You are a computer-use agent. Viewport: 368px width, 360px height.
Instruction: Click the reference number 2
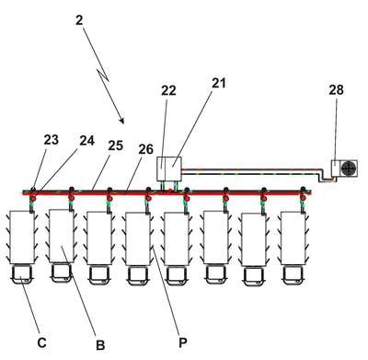(79, 20)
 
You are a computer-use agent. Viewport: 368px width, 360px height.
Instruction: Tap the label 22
(168, 90)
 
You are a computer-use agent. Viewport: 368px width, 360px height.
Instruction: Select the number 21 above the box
(218, 83)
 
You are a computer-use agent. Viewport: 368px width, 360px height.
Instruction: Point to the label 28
(337, 90)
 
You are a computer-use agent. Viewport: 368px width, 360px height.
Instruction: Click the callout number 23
(51, 140)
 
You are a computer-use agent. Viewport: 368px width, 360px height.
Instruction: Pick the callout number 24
(86, 141)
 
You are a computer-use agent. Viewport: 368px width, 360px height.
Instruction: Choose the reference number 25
(116, 145)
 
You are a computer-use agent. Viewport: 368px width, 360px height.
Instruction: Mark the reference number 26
(145, 149)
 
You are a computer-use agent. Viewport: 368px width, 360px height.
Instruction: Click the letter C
(42, 343)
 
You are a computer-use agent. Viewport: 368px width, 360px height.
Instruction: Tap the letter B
(100, 345)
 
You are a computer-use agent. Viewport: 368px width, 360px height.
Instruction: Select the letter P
(183, 343)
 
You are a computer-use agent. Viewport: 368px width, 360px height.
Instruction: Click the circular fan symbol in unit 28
(349, 168)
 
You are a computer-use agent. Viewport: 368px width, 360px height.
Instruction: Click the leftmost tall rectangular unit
(22, 237)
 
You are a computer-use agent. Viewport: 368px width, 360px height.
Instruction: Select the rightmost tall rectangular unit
(293, 238)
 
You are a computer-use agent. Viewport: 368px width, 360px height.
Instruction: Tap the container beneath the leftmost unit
(22, 274)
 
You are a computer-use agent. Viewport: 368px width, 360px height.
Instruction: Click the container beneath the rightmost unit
(293, 276)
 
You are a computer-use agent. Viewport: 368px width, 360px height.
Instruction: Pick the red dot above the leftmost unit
(32, 198)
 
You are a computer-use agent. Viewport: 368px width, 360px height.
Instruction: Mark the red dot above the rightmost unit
(303, 198)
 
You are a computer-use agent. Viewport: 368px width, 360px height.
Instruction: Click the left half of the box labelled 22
(161, 168)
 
